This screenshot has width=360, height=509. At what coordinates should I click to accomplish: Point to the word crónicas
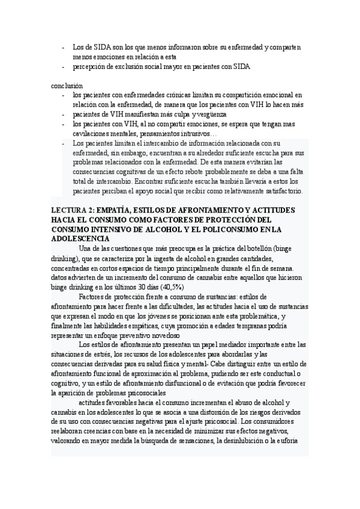[x=182, y=95]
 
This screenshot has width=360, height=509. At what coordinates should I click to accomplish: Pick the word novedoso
[x=161, y=336]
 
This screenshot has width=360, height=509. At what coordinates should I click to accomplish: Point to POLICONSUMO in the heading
[x=221, y=229]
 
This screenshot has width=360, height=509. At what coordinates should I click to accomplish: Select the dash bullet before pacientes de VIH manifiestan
[x=64, y=114]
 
